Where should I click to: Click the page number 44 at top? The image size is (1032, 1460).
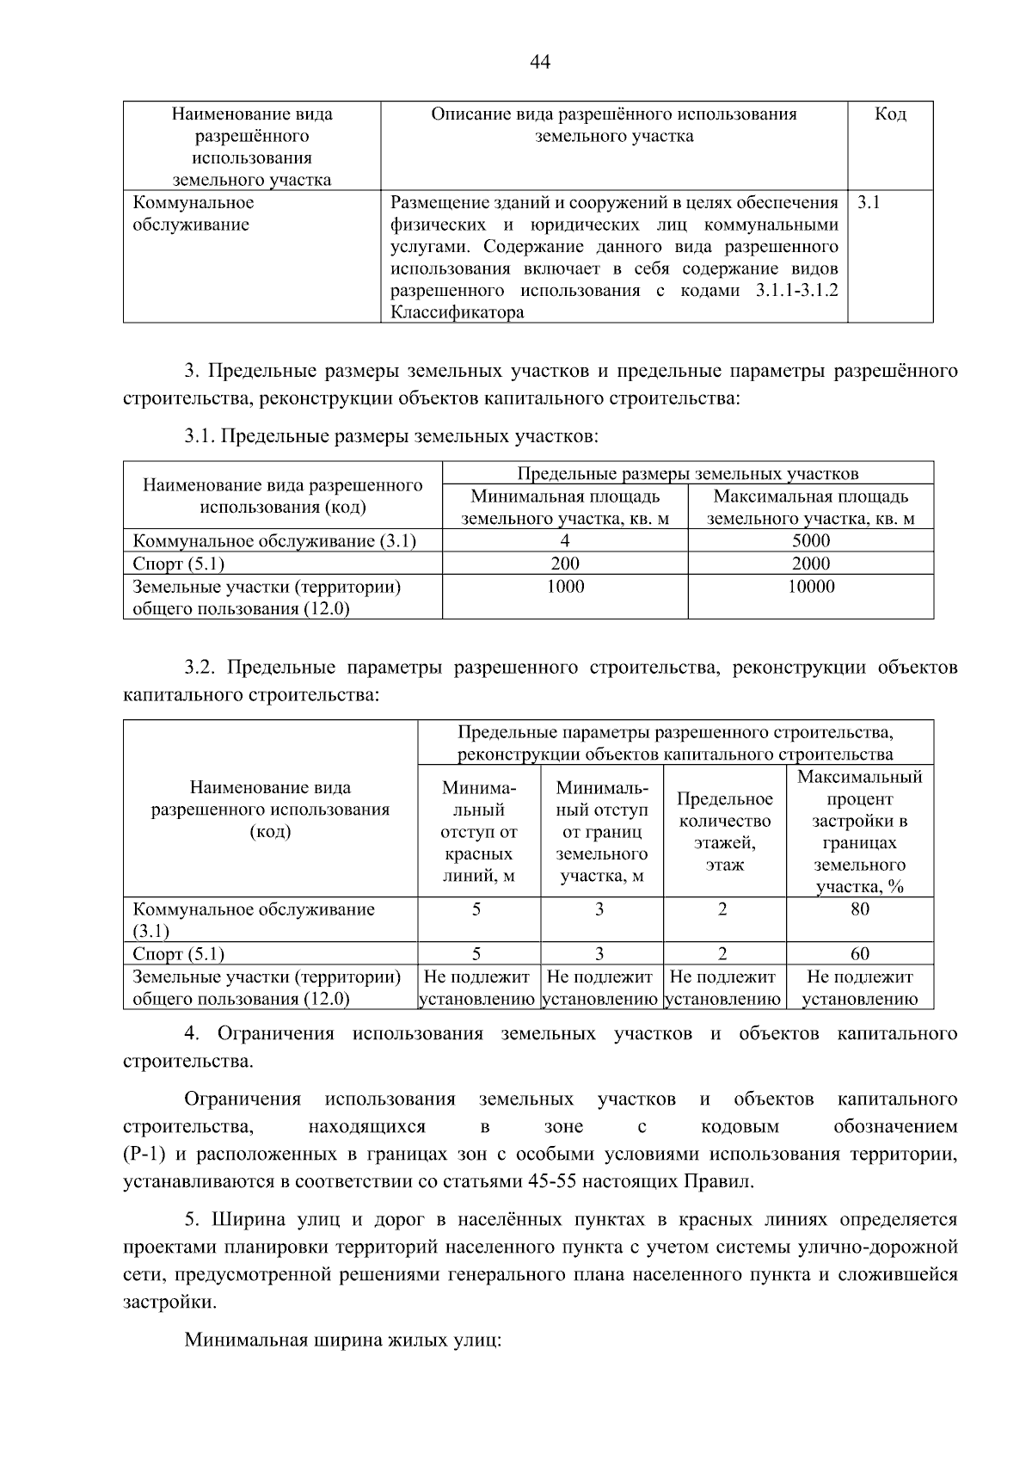pyautogui.click(x=540, y=62)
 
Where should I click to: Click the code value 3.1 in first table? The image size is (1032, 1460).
pyautogui.click(x=869, y=203)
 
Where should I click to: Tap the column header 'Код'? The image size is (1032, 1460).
pyautogui.click(x=890, y=114)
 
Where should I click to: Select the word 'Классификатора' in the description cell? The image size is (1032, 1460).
pyautogui.click(x=457, y=313)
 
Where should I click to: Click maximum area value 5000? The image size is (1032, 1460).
pyautogui.click(x=810, y=541)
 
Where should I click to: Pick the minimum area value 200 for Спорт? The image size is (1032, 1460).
pyautogui.click(x=564, y=564)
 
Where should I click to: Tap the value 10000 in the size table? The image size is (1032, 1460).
pyautogui.click(x=810, y=587)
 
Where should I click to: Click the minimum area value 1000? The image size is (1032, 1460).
pyautogui.click(x=564, y=587)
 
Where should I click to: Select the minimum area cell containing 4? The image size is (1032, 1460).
pyautogui.click(x=564, y=541)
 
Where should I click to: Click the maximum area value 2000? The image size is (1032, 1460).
pyautogui.click(x=810, y=564)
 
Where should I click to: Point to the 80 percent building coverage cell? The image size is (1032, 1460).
pyautogui.click(x=859, y=909)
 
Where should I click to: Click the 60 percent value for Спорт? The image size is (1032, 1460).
pyautogui.click(x=859, y=953)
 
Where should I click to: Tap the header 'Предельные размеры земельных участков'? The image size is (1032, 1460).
pyautogui.click(x=687, y=474)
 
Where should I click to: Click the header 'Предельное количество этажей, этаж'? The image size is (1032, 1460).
pyautogui.click(x=724, y=832)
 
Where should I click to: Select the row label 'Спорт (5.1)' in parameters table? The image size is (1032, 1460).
pyautogui.click(x=179, y=953)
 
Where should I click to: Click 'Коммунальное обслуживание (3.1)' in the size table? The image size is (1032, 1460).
pyautogui.click(x=274, y=541)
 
